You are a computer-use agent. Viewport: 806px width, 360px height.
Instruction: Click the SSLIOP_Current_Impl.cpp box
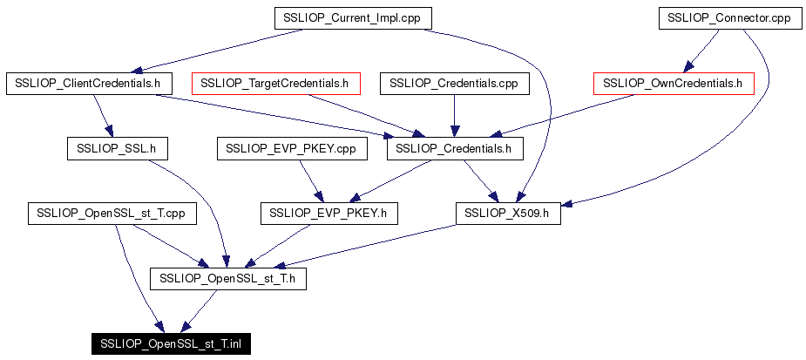353,18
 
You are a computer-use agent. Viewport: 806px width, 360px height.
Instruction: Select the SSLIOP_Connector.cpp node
728,18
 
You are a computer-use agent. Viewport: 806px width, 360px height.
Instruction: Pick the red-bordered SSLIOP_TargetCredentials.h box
275,84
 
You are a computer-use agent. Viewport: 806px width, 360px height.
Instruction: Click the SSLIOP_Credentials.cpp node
454,84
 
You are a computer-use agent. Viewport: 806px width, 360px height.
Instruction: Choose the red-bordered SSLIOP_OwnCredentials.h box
674,84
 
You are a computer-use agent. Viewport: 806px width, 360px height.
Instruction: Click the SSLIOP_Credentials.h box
455,149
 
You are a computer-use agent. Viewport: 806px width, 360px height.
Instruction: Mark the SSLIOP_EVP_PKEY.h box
329,214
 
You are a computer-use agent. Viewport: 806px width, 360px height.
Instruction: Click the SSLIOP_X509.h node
508,214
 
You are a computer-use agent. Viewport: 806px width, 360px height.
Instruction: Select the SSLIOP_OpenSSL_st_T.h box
228,278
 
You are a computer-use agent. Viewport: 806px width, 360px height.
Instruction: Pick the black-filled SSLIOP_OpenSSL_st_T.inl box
171,343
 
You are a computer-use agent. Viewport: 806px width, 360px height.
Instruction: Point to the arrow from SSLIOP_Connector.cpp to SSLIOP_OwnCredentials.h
701,51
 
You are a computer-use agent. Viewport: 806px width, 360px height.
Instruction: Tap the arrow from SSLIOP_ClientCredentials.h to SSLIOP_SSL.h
102,116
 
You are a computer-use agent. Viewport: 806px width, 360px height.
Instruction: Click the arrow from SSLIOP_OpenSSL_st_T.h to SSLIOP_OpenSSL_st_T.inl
200,310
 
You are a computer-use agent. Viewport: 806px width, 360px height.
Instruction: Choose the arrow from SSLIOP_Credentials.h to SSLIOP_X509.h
481,181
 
